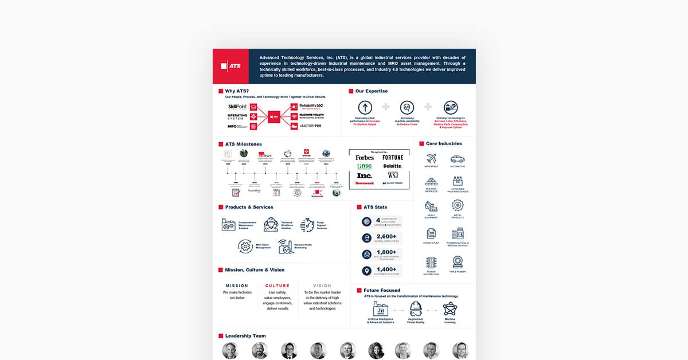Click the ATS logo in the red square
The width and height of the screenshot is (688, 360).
[230, 66]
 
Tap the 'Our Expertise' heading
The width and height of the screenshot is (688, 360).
[371, 91]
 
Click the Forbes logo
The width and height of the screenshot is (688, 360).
[365, 158]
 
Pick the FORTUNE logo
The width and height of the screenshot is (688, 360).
[393, 157]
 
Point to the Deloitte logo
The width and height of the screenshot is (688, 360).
[393, 166]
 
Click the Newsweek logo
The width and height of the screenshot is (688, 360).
[364, 183]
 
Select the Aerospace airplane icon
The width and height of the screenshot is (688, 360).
[431, 159]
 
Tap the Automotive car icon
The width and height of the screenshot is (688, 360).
[458, 159]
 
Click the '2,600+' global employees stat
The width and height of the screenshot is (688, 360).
[386, 236]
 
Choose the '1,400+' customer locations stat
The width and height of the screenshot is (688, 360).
[386, 269]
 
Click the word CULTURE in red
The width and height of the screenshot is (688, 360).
[277, 285]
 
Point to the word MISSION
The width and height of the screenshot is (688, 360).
[237, 285]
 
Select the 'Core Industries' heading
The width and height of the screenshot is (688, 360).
[444, 143]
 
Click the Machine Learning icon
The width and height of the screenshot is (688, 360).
[450, 308]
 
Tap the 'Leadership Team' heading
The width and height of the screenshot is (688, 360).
[245, 336]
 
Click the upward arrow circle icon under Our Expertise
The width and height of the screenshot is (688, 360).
[365, 107]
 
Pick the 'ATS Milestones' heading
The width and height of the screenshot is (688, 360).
[243, 144]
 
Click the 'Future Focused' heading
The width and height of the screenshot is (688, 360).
[381, 290]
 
